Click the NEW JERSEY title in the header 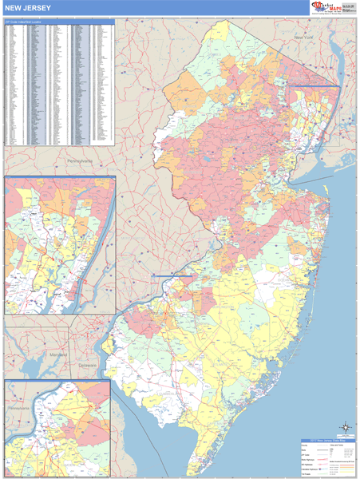pos(25,8)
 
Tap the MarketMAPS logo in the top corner pos(334,8)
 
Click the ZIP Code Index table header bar pos(60,22)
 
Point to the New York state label pos(304,38)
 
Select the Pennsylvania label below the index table pos(79,160)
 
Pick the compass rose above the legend pos(345,427)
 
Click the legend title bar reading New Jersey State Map pos(320,440)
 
